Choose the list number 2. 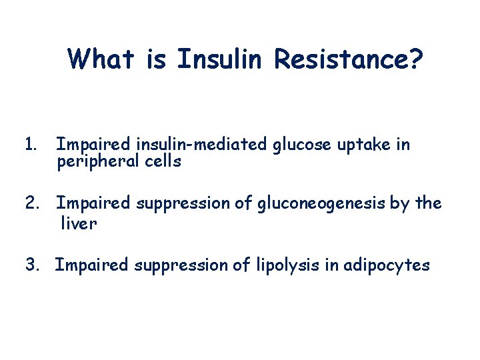click(33, 203)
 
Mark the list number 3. click(33, 265)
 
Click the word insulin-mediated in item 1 click(204, 145)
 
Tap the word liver click(79, 223)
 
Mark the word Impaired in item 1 click(93, 145)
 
